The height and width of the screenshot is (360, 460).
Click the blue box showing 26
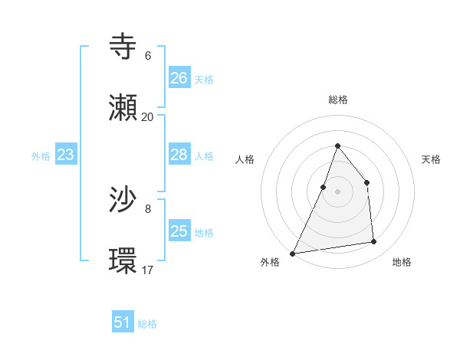click(179, 77)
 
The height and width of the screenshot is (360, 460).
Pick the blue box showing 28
click(179, 155)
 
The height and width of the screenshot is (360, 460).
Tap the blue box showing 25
click(179, 231)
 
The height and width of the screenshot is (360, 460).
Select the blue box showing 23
click(65, 155)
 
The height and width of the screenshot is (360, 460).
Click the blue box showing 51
click(123, 322)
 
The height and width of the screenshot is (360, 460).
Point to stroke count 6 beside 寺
click(148, 56)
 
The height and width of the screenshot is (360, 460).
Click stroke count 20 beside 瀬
click(147, 117)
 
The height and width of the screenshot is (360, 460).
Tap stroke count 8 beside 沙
click(148, 208)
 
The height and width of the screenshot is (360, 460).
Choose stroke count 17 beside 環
click(147, 270)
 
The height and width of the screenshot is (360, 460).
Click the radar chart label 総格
click(337, 100)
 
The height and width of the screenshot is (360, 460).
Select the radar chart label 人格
click(245, 159)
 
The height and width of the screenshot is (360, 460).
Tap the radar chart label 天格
click(431, 159)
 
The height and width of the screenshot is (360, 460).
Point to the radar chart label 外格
click(270, 262)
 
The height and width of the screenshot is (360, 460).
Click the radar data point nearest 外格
click(292, 253)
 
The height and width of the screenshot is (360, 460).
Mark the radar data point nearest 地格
click(374, 242)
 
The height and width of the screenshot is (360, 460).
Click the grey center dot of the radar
click(337, 191)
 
